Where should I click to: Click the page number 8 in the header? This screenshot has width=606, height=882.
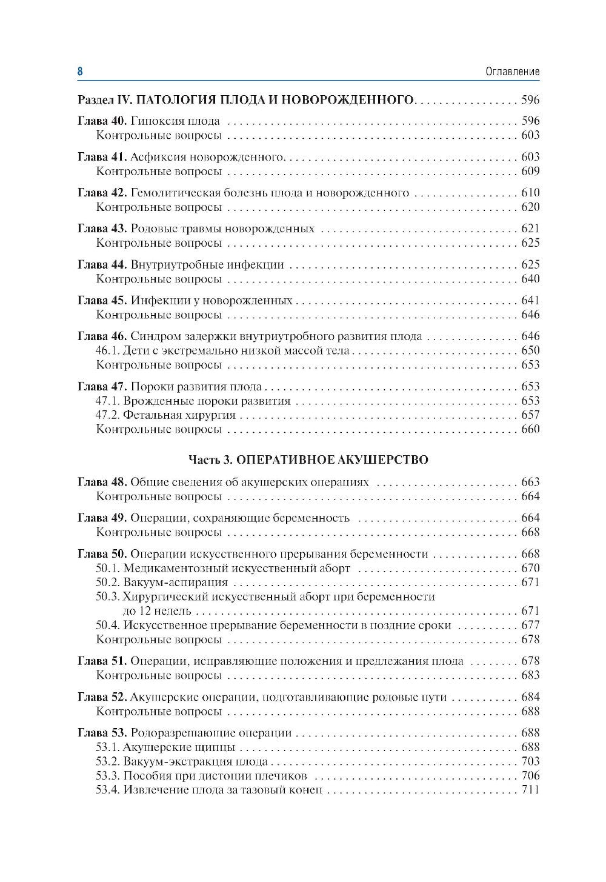click(80, 72)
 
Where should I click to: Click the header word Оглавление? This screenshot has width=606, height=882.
click(512, 72)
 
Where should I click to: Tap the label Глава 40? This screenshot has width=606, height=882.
click(102, 121)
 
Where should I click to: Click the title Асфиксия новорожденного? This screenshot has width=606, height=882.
click(207, 158)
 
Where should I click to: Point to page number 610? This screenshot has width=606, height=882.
click(530, 193)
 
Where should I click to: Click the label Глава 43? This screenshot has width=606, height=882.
click(102, 229)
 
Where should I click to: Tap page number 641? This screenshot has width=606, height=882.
click(530, 301)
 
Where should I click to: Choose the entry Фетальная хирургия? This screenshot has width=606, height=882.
click(179, 415)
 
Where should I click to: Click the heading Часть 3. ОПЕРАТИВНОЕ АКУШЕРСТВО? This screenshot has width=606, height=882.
click(308, 460)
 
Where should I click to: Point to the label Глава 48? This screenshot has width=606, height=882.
click(102, 483)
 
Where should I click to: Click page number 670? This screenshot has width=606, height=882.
click(530, 569)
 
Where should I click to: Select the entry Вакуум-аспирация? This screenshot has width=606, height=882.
click(175, 583)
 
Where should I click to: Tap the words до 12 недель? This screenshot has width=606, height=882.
click(157, 611)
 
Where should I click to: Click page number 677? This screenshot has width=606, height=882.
click(530, 626)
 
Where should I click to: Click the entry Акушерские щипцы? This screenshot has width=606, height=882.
click(179, 747)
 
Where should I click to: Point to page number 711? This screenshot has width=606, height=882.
click(530, 790)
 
